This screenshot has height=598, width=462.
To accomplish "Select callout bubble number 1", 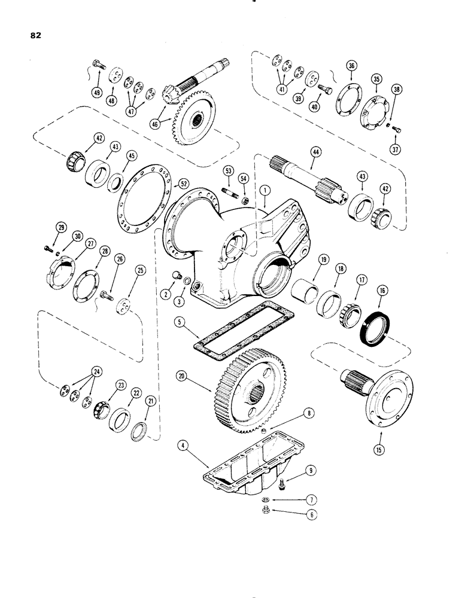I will click(266, 190).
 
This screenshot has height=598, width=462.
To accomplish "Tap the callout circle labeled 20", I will click(182, 377).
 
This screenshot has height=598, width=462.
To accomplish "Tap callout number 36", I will click(351, 67).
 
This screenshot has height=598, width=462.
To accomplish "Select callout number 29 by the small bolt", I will click(60, 226).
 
